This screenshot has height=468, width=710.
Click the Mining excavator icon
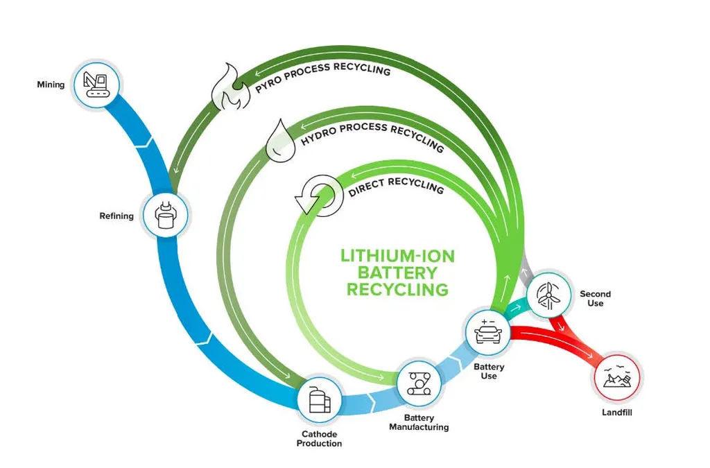(x=97, y=83)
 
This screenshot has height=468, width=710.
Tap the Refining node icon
(x=166, y=215)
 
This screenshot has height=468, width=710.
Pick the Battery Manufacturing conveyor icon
(x=419, y=382)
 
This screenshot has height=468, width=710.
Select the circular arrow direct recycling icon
(x=315, y=196)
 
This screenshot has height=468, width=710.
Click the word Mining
(x=51, y=85)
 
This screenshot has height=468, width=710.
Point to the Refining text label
(x=116, y=216)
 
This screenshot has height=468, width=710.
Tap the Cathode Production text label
(x=319, y=439)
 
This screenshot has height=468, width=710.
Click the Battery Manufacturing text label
(x=419, y=422)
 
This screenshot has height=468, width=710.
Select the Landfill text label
(x=616, y=413)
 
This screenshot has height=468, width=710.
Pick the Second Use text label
(x=595, y=299)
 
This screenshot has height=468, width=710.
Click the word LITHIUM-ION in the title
(x=397, y=256)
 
